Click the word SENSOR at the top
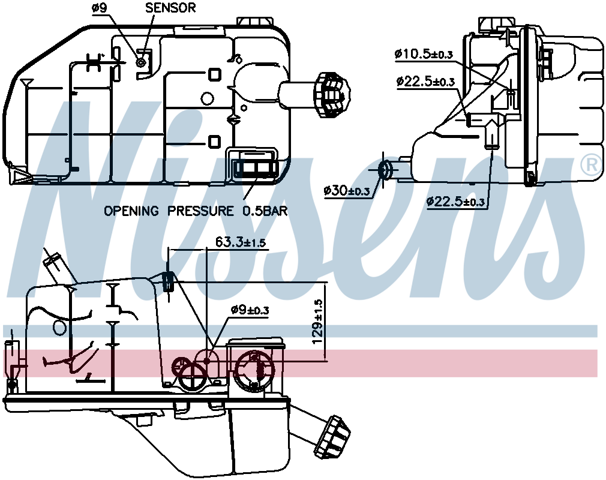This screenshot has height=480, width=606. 170,8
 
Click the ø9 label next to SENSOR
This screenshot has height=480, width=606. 100,8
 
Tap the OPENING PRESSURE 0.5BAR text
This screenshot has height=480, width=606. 196,211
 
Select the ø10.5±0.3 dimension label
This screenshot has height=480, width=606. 423,55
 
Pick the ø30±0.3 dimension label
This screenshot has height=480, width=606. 346,191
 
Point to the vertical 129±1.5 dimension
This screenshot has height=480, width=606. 319,322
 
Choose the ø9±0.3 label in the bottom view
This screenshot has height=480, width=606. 250,310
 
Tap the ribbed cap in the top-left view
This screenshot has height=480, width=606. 332,94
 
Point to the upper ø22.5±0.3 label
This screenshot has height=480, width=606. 425,82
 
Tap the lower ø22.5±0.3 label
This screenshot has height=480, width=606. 455,202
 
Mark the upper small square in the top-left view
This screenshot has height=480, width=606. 214,75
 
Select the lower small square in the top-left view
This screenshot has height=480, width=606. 214,141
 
